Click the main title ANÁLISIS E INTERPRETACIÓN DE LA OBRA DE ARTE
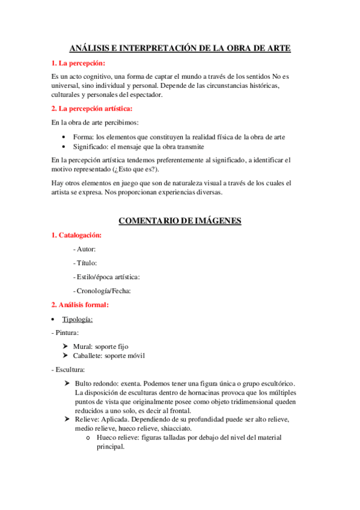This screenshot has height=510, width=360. click(180, 49)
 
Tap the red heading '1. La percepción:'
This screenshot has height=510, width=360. click(78, 63)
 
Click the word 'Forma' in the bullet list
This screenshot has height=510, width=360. click(83, 137)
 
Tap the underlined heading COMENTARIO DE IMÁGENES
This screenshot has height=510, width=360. click(180, 221)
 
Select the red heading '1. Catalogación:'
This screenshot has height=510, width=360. click(76, 235)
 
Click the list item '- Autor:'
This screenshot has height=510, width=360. click(84, 249)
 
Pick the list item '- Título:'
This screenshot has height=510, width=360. click(85, 263)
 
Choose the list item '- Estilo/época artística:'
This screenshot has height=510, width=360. click(106, 277)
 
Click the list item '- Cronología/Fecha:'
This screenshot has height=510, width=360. click(102, 290)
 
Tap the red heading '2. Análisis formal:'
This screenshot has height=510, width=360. click(79, 305)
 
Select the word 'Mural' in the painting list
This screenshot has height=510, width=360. click(84, 346)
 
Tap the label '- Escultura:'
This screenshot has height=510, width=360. click(67, 369)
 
